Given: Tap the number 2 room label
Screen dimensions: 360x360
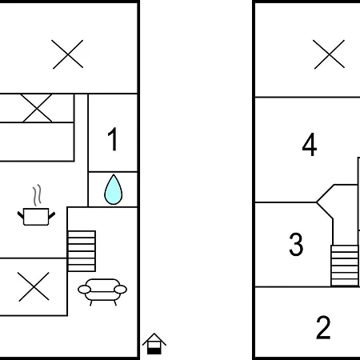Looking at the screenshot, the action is (x=323, y=327).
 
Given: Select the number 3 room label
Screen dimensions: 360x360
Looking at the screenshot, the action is (x=296, y=244).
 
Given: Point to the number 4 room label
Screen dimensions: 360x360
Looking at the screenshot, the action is (x=310, y=144).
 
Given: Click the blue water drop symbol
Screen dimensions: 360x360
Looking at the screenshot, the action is (x=114, y=190).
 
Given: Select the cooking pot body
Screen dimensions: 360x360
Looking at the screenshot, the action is (x=36, y=217).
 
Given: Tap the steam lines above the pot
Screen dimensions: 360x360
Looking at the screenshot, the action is (x=38, y=195).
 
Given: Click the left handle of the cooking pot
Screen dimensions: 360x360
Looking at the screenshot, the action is (x=21, y=214).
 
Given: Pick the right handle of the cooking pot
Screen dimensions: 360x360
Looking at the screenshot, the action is (x=52, y=215).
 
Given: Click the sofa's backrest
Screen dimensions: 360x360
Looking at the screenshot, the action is (x=103, y=284).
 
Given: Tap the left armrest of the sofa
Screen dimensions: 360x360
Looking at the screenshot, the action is (x=84, y=290).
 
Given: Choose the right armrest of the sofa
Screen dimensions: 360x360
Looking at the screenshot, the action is (x=120, y=290).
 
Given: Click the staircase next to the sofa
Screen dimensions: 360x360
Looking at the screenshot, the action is (x=82, y=251).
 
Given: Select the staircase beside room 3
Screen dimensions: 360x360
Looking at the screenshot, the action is (x=345, y=266).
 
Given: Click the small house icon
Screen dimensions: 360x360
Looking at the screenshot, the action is (x=154, y=344).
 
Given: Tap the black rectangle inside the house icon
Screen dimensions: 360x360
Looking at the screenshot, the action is (x=154, y=351).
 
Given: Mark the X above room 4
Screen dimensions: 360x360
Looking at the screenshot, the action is (x=329, y=54).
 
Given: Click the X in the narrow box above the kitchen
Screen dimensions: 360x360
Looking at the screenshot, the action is (x=36, y=108).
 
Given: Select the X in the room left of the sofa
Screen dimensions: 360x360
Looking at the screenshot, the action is (x=34, y=286).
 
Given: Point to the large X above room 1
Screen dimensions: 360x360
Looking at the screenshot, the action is (x=67, y=54).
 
